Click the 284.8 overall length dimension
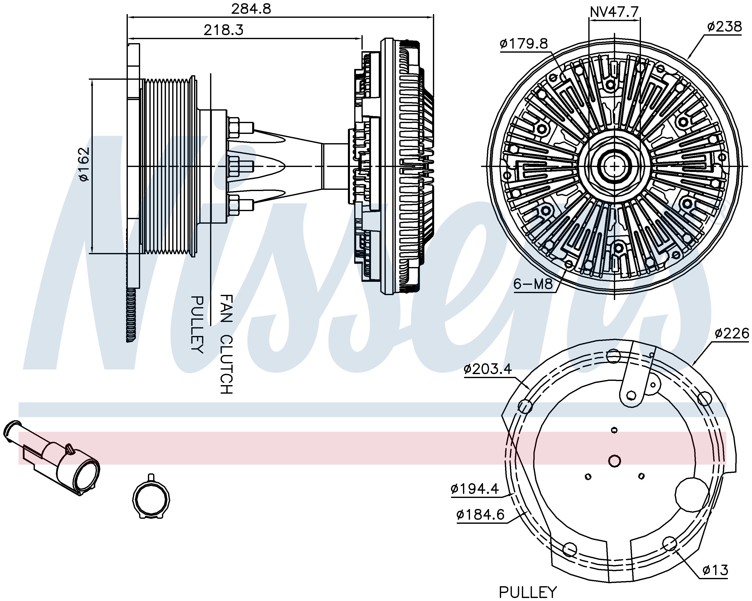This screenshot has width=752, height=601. (x=251, y=9)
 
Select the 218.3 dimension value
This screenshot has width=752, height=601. (x=224, y=30)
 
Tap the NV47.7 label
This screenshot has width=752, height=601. (x=614, y=12)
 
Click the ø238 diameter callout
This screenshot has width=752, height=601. (x=724, y=27)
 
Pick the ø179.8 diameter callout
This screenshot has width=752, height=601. (x=524, y=44)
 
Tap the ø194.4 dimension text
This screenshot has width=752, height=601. (x=475, y=489)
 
